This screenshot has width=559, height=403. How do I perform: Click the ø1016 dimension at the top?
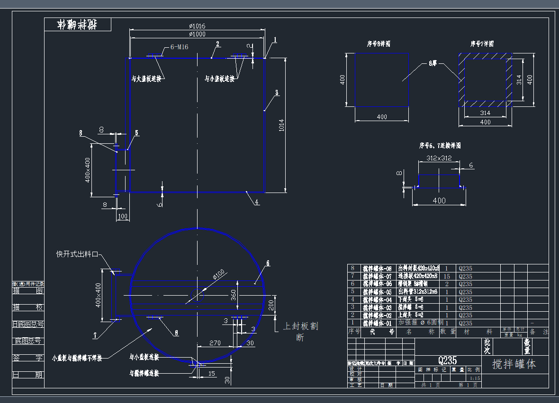pyautogui.click(x=197, y=26)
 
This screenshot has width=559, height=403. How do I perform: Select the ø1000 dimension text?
pyautogui.click(x=197, y=34)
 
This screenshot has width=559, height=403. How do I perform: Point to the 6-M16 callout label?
pyautogui.click(x=179, y=47)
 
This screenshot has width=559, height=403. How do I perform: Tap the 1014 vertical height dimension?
pyautogui.click(x=281, y=125)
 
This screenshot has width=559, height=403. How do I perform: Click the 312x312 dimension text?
pyautogui.click(x=439, y=158)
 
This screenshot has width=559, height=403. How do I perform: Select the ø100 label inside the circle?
pyautogui.click(x=218, y=274)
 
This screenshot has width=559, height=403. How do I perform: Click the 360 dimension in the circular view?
pyautogui.click(x=233, y=295)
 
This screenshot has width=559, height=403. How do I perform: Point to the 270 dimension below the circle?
pyautogui.click(x=215, y=343)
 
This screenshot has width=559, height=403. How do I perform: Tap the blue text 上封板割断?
pyautogui.click(x=300, y=332)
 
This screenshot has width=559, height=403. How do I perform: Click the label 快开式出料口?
pyautogui.click(x=77, y=254)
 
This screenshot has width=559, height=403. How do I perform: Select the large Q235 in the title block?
pyautogui.click(x=447, y=360)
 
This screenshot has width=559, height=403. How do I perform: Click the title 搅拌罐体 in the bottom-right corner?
pyautogui.click(x=514, y=364)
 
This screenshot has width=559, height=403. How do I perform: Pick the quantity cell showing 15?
pyautogui.click(x=447, y=276)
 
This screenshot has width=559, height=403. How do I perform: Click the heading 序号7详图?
pyautogui.click(x=482, y=44)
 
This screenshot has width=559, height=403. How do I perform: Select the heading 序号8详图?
pyautogui.click(x=379, y=44)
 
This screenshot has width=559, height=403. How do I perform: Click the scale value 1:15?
pyautogui.click(x=475, y=378)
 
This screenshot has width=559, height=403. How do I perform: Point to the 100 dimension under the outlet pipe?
pyautogui.click(x=123, y=217)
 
